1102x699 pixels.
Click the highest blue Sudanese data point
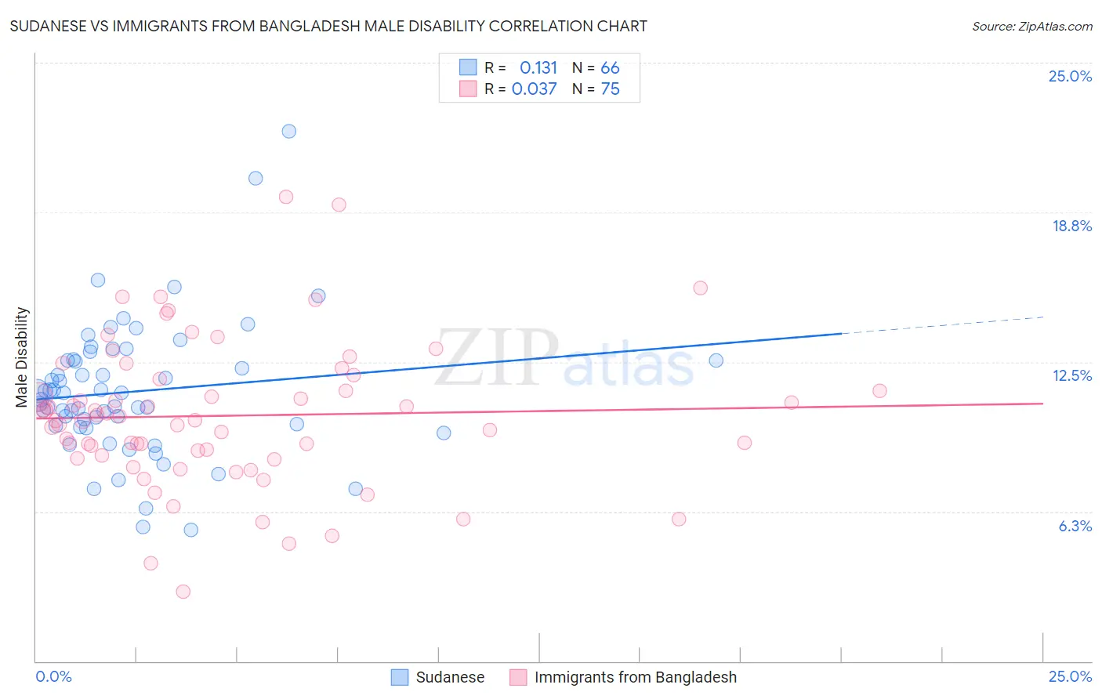point(289,131)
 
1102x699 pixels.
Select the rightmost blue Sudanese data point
point(716,360)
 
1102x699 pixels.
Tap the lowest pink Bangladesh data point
point(183,592)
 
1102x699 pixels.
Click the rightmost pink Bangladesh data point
point(879,391)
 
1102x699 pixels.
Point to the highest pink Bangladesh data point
point(286,197)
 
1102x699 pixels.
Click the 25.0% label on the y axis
point(1070,76)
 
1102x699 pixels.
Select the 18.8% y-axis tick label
point(1071,226)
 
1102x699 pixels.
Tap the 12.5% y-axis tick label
point(1071,375)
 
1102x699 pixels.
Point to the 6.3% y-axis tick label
point(1075,526)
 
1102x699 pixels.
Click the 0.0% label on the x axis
point(53,677)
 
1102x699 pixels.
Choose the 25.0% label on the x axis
point(1070,677)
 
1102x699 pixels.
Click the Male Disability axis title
point(22,357)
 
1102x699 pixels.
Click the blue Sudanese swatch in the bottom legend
point(400,677)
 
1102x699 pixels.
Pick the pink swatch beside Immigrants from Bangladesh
point(518,677)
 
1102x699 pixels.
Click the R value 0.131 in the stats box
point(538,68)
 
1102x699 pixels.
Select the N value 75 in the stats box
point(610,89)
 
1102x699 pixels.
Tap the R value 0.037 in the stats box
point(534,89)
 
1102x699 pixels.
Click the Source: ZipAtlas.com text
point(1031,27)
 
